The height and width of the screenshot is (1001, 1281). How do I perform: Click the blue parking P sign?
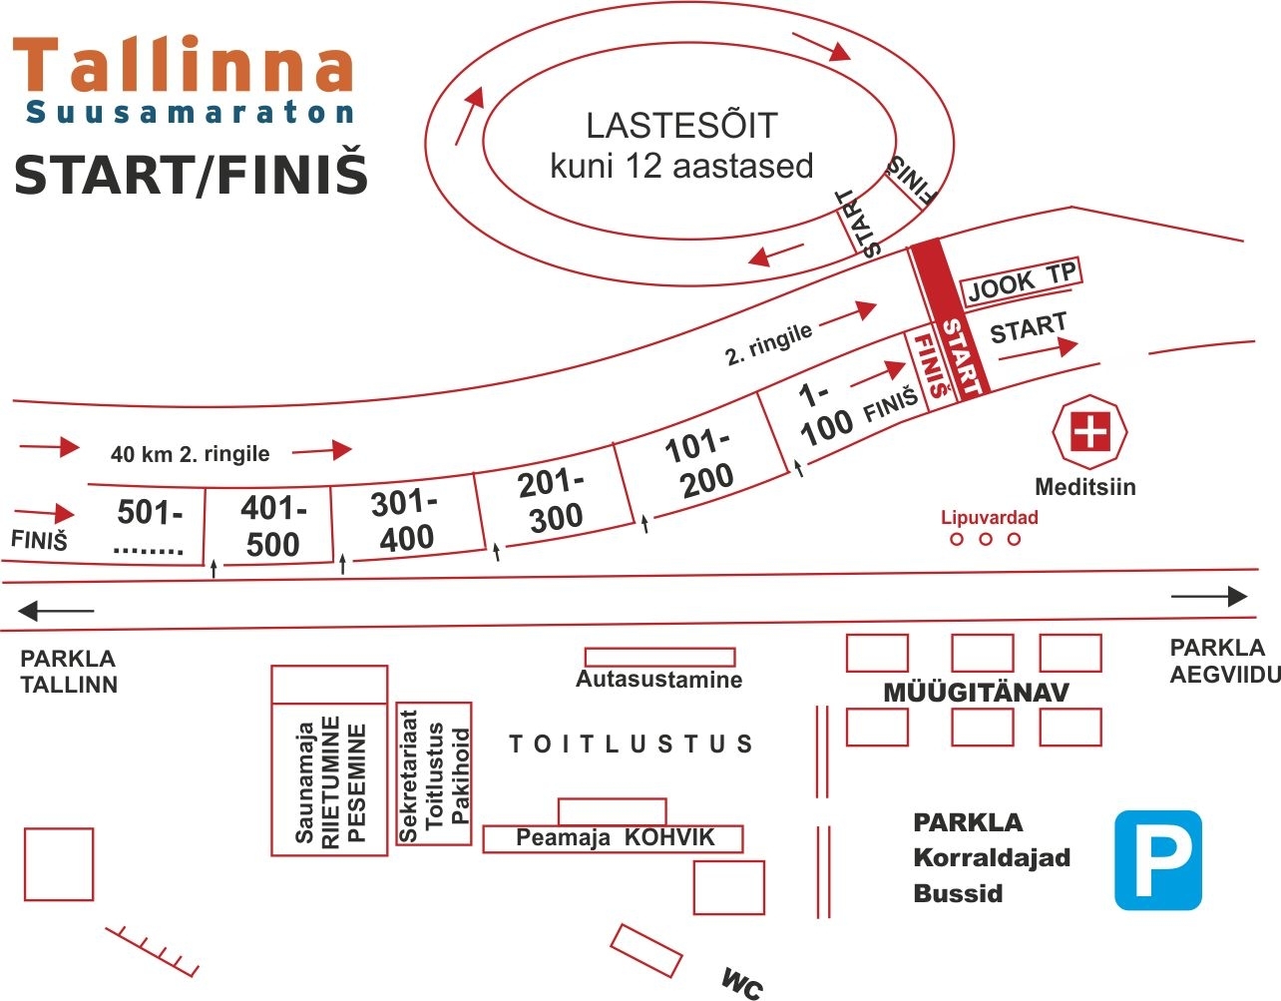tap(1157, 859)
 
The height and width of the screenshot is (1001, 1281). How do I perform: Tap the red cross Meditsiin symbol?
tap(1089, 432)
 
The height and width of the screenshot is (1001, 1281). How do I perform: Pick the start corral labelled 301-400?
tap(404, 520)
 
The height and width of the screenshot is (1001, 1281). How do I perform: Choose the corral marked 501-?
tap(150, 526)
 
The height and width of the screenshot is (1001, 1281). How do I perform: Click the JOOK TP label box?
tap(1021, 280)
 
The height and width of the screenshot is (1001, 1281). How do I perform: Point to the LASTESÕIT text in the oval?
tap(681, 126)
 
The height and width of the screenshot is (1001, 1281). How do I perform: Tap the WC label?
tap(742, 983)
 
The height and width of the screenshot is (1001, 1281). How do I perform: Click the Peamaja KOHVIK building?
tap(614, 838)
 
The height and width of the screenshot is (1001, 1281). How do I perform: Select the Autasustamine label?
tap(658, 680)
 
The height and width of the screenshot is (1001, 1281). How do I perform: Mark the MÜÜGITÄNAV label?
tap(976, 693)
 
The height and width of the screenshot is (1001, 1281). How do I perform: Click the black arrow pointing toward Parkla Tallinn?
tap(56, 610)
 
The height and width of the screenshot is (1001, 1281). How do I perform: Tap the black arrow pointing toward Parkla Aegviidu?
tap(1209, 597)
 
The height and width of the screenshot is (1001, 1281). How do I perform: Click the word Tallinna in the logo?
tap(184, 66)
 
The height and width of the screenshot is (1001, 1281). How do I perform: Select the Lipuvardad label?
tap(989, 517)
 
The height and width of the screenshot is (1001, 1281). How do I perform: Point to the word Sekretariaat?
tap(408, 774)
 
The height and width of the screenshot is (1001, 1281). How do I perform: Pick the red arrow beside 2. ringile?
tap(847, 314)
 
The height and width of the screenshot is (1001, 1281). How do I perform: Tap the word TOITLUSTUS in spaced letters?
tap(631, 744)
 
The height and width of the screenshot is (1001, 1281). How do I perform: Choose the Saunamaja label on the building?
tap(304, 782)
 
